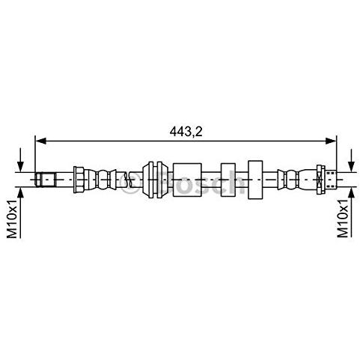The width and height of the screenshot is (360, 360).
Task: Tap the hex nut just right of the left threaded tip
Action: [79, 180]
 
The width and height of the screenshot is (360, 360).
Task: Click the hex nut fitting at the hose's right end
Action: [321, 180]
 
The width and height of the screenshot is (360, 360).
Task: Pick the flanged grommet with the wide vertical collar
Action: [154, 180]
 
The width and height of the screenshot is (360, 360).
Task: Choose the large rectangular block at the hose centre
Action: [187, 180]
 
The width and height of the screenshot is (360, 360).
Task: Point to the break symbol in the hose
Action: [133, 180]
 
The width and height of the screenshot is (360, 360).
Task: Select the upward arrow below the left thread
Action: [20, 196]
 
